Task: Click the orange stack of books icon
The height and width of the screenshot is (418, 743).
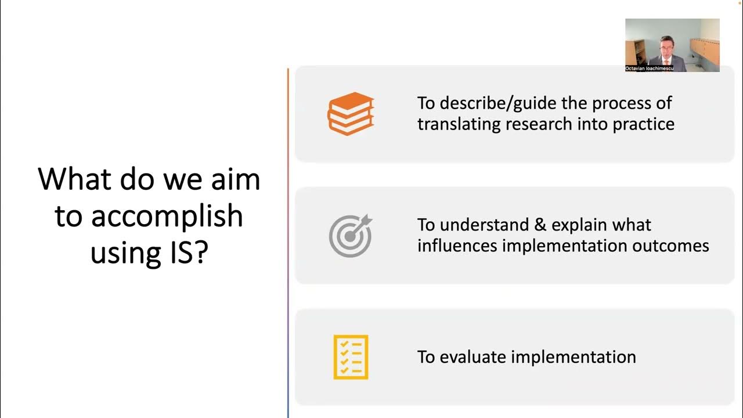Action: click(x=351, y=114)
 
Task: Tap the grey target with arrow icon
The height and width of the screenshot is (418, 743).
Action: click(x=351, y=236)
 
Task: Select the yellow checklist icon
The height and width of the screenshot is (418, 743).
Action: click(x=351, y=357)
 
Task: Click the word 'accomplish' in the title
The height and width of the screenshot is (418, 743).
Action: click(x=167, y=217)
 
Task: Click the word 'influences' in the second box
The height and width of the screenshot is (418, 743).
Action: click(x=456, y=246)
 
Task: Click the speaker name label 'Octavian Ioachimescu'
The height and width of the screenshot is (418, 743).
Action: click(x=649, y=69)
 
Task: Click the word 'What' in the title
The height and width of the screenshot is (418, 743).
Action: click(x=74, y=179)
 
